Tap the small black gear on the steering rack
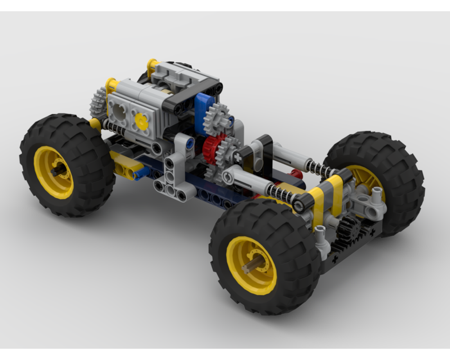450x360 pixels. (349, 227)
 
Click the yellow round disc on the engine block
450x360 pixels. (142, 121)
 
